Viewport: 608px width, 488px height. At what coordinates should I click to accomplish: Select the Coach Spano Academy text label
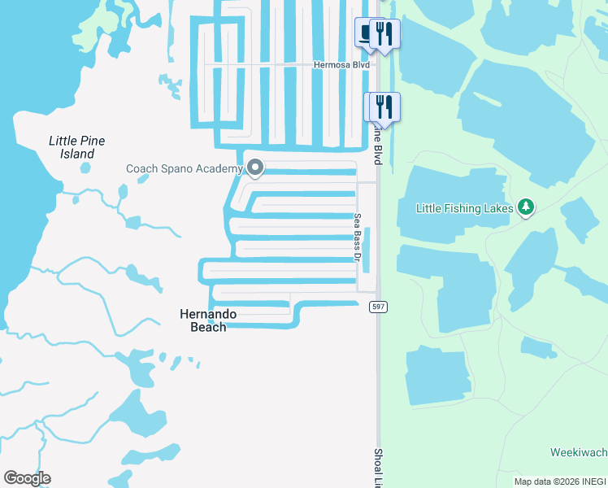click(184, 169)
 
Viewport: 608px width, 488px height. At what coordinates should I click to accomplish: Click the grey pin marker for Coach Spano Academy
click(255, 168)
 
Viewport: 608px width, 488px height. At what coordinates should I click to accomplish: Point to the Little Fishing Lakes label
click(464, 208)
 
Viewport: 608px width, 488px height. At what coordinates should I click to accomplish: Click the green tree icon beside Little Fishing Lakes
click(526, 208)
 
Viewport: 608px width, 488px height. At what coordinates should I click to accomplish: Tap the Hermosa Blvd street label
click(342, 64)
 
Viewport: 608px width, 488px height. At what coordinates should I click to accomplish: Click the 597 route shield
click(378, 307)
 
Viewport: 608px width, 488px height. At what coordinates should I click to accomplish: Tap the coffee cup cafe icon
click(367, 33)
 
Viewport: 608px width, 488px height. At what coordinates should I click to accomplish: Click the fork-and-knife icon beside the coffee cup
click(384, 33)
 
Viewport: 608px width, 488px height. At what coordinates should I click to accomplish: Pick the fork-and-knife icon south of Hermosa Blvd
click(384, 107)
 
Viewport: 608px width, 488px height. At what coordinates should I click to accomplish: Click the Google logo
click(27, 478)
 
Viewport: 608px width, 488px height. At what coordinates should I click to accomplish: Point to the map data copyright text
click(560, 481)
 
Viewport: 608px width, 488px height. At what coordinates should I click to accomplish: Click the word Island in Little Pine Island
click(76, 154)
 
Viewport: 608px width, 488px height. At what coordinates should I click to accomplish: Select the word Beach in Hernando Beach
click(207, 327)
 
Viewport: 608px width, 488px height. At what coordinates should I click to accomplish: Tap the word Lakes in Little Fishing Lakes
click(497, 208)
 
